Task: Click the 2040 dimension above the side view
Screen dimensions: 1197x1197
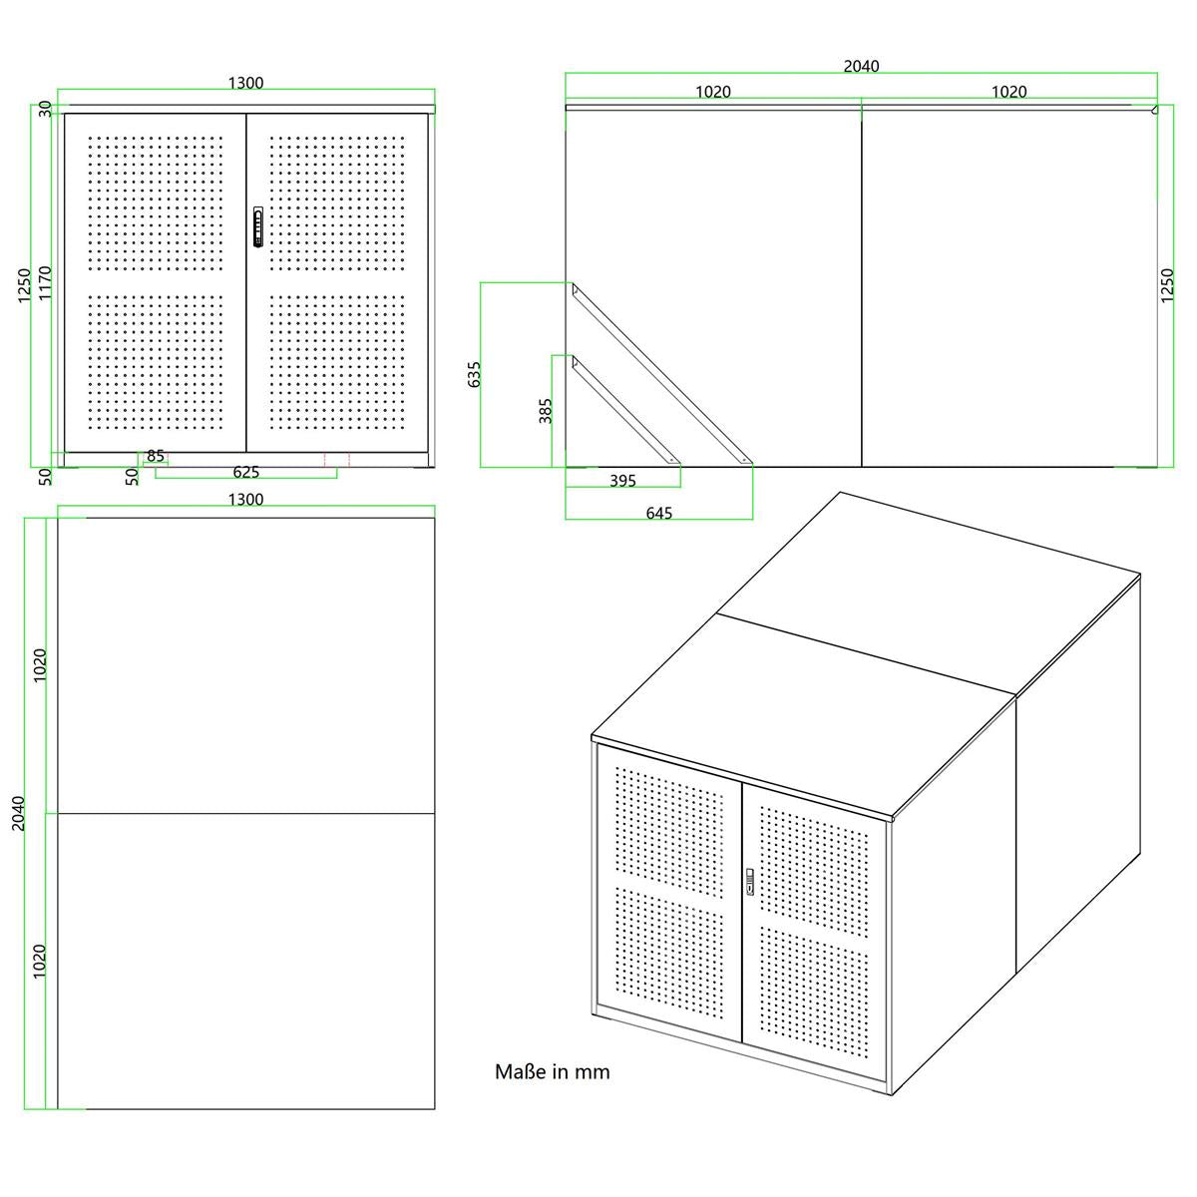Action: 861,66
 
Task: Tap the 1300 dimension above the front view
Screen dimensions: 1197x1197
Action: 246,83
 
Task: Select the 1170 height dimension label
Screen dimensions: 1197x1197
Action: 45,283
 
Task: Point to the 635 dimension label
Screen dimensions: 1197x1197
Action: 474,375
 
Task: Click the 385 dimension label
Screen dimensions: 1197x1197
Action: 545,411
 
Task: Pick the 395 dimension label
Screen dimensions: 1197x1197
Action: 622,481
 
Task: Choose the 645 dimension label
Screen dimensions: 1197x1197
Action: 659,513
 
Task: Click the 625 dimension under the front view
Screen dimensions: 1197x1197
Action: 246,472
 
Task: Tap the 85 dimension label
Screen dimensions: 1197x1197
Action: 156,456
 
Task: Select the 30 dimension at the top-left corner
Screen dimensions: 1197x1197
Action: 45,110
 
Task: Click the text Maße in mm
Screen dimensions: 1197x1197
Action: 553,1071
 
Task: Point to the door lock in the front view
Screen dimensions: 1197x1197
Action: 258,227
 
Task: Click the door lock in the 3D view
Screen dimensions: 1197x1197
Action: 750,882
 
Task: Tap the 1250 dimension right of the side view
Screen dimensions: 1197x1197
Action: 1167,285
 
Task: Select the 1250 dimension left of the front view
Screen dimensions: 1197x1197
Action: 24,285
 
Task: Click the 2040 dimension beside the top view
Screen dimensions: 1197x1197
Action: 18,814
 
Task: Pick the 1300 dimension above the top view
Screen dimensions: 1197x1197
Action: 246,500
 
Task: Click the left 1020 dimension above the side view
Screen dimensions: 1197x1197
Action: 713,92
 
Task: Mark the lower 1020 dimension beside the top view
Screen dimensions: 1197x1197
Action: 39,962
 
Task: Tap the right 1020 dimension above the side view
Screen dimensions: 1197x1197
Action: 1008,92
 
